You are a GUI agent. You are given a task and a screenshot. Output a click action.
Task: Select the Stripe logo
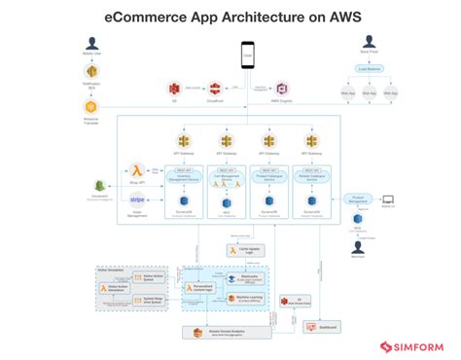click(136, 199)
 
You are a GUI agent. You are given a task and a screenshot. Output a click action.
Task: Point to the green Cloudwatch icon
click(99, 185)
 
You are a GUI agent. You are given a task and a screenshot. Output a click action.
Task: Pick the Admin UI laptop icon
click(388, 198)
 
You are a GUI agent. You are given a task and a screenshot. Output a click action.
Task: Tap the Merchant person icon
click(357, 247)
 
